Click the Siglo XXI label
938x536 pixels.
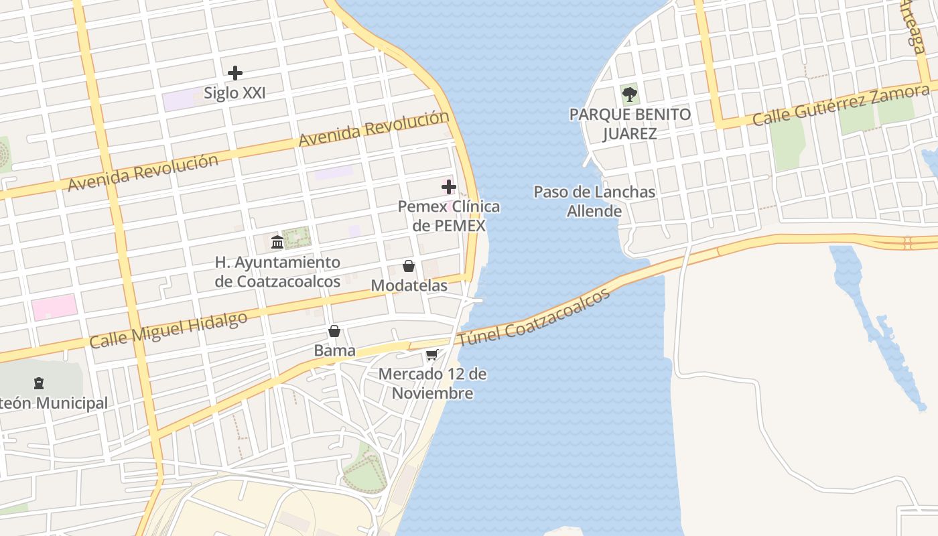[x=234, y=93]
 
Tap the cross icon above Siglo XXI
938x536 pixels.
[x=235, y=72]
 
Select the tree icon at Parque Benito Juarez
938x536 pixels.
[x=630, y=94]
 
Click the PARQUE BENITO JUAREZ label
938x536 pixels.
[x=630, y=123]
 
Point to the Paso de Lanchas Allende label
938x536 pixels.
[x=594, y=201]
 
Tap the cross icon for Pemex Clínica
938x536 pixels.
[x=449, y=186]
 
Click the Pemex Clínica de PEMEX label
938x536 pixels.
[x=449, y=216]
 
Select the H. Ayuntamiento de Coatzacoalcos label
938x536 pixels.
[x=277, y=271]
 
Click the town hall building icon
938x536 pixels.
[x=277, y=241]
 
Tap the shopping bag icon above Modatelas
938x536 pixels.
[x=409, y=266]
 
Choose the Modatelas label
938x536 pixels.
[x=409, y=285]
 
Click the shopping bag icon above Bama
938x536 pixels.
[x=334, y=331]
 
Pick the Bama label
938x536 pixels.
[x=334, y=350]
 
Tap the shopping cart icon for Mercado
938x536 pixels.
[x=432, y=354]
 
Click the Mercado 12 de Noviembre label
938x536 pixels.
[x=432, y=383]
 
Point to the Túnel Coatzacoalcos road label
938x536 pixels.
[x=534, y=317]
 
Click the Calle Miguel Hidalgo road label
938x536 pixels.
[x=168, y=330]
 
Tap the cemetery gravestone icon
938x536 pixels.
[x=39, y=383]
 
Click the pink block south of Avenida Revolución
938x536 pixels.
[x=54, y=307]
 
